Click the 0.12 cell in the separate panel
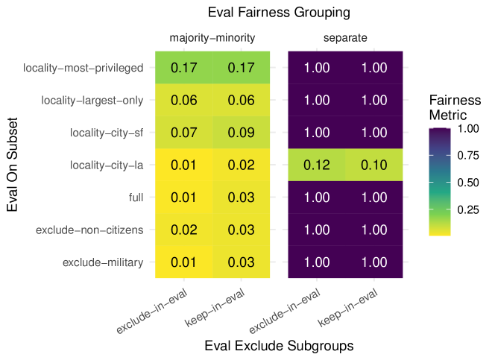coord(317,165)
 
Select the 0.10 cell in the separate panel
coord(374,165)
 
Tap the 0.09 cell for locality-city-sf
coord(242,133)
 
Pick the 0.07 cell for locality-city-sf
coord(184,133)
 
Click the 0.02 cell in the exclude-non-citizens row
coord(184,230)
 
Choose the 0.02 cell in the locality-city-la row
coord(242,165)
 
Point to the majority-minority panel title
coord(212,38)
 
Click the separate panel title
coord(345,38)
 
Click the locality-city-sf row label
coord(107,133)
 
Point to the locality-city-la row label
coord(107,165)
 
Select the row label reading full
coord(136,198)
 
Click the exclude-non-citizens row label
coord(89,230)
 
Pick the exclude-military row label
coord(103,262)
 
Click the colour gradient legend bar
coord(440,182)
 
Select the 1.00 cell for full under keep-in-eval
coord(374,198)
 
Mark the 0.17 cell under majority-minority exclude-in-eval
coord(184,68)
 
